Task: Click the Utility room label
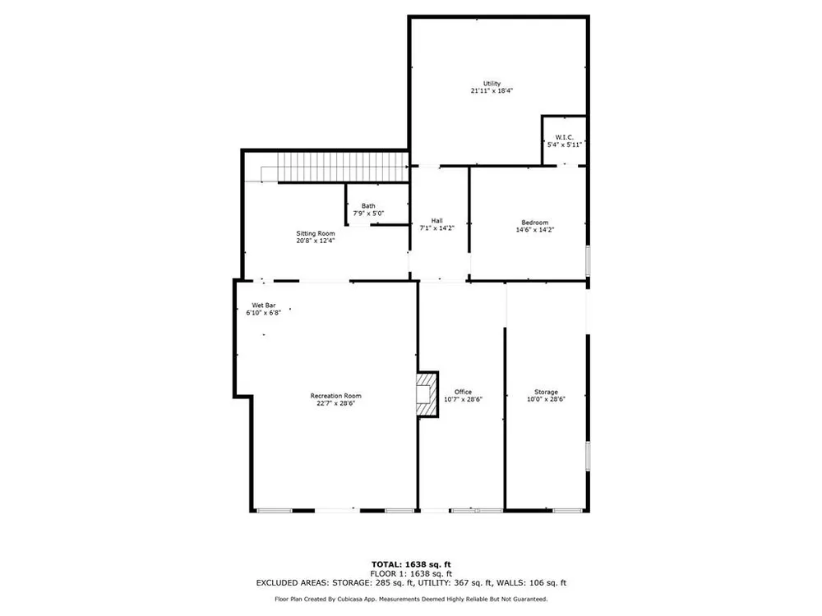point(492,83)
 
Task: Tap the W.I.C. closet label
point(565,137)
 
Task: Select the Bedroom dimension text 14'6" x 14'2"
point(535,229)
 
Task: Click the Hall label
point(436,220)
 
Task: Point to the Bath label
point(368,206)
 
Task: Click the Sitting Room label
point(315,233)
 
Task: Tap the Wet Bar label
point(264,306)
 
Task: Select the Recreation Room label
point(335,396)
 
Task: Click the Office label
point(463,392)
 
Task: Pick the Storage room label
point(546,392)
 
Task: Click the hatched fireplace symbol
point(427,394)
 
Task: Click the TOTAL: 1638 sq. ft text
point(411,564)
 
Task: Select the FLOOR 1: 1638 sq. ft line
point(411,573)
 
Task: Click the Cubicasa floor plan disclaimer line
point(411,599)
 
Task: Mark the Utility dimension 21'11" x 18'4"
point(492,90)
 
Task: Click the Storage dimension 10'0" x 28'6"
point(546,399)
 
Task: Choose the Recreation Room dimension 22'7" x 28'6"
point(335,403)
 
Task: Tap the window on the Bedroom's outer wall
point(588,260)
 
